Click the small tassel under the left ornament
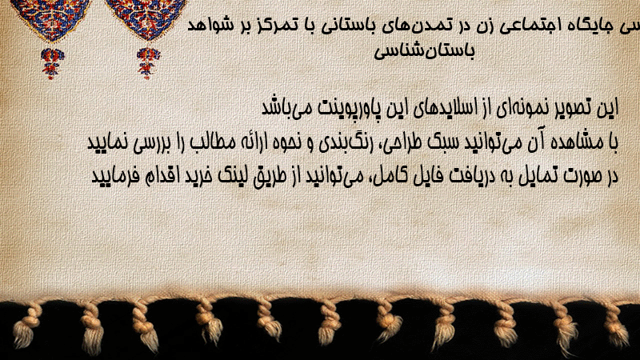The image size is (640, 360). click(52, 63)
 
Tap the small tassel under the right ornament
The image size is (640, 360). click(148, 62)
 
